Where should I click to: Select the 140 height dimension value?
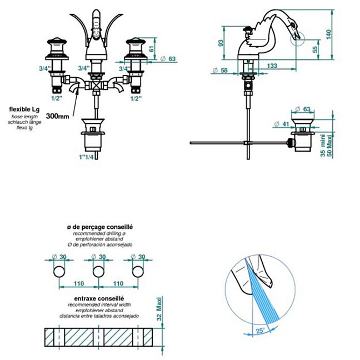(x=344, y=34)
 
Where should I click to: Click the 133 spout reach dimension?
(x=272, y=66)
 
